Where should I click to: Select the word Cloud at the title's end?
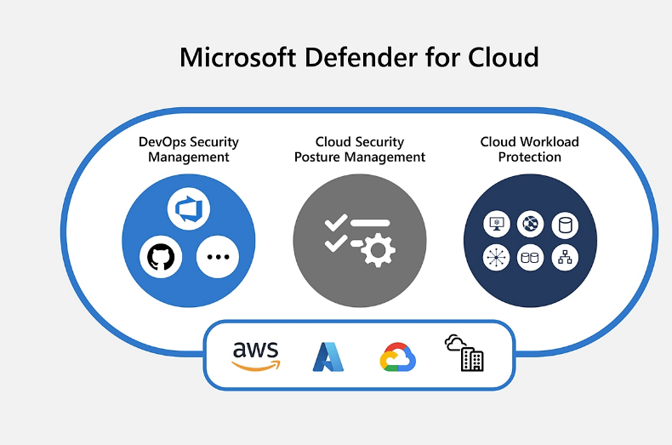(504, 57)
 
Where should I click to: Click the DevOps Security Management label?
(189, 149)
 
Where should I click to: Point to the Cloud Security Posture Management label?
(360, 149)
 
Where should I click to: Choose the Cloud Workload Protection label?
(529, 149)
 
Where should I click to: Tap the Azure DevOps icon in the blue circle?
(189, 208)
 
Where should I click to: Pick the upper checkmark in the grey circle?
(335, 223)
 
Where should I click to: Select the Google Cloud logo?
(397, 357)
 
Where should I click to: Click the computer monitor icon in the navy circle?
(496, 225)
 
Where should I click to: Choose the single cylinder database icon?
(563, 225)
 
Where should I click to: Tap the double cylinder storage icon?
(530, 256)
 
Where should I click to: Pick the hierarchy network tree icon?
(563, 256)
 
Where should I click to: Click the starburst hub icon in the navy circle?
(496, 256)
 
